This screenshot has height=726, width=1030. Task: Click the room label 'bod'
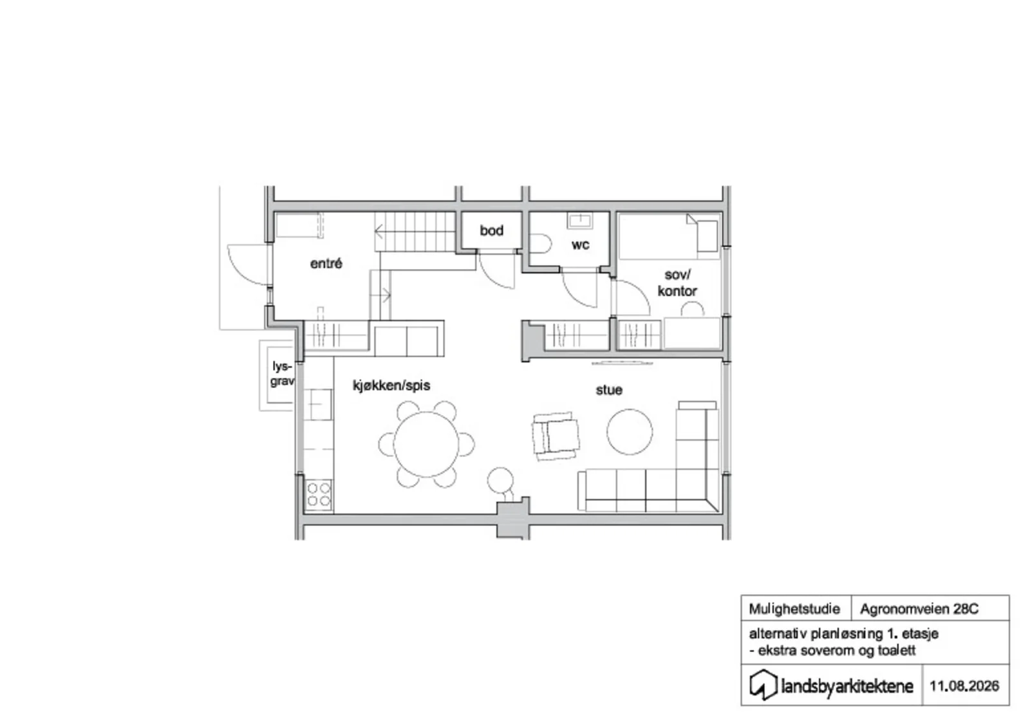click(x=492, y=230)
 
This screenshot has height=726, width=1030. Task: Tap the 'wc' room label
click(x=580, y=245)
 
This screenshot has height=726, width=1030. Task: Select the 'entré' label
click(x=326, y=263)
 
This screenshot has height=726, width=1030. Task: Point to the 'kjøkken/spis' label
click(x=391, y=386)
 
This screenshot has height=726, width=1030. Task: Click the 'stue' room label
click(x=609, y=390)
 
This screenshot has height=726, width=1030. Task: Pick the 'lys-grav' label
click(x=282, y=374)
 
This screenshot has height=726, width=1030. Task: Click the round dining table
click(x=426, y=445)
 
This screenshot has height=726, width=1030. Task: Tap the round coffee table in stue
click(x=630, y=433)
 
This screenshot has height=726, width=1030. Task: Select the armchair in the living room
click(x=556, y=436)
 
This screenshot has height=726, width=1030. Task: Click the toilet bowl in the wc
click(x=540, y=244)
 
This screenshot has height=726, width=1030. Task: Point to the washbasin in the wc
click(x=579, y=221)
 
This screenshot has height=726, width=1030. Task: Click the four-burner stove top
click(x=319, y=494)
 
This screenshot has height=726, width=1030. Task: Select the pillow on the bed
click(x=707, y=236)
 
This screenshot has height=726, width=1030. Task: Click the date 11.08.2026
click(x=964, y=686)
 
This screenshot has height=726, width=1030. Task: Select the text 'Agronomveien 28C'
click(x=919, y=610)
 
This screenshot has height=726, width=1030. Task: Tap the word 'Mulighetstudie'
click(x=794, y=610)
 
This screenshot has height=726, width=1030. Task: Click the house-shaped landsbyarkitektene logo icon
click(x=763, y=685)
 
